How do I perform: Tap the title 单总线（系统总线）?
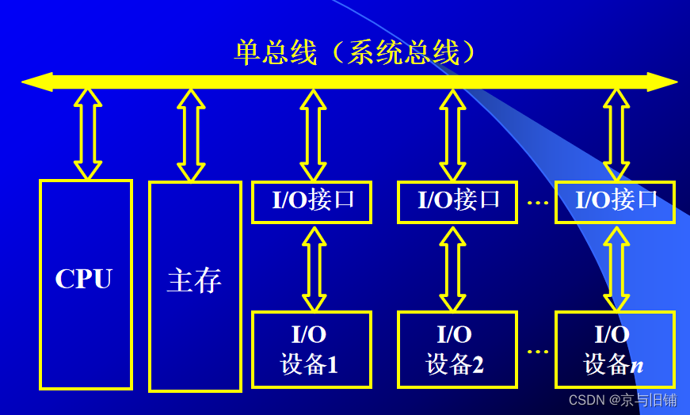356,52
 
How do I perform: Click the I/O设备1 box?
311,349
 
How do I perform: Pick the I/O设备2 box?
456,349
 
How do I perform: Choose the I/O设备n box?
615,349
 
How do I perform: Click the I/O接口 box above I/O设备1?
311,201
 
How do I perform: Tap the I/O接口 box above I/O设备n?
615,201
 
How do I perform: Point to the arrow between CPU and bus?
88,134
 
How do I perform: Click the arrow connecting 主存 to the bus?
191,134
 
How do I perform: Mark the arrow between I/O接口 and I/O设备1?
315,268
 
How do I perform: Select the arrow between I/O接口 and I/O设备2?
452,268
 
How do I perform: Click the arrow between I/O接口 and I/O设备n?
616,268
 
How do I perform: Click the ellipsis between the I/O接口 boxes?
538,203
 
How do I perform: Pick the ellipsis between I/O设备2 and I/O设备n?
538,351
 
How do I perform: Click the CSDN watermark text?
622,400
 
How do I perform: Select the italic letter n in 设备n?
636,366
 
